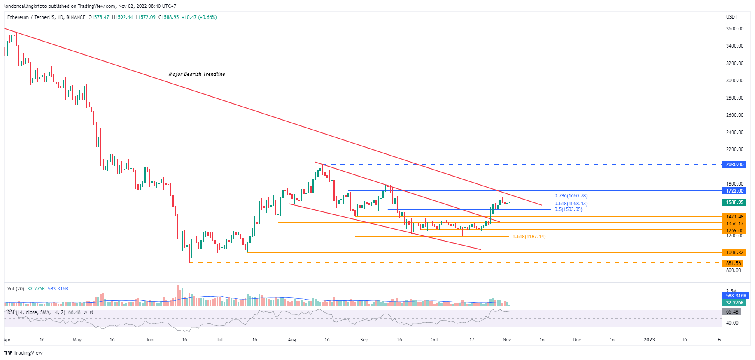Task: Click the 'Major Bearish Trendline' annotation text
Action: click(x=197, y=74)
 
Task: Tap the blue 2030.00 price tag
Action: click(x=734, y=165)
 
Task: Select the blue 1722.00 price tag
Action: click(x=734, y=191)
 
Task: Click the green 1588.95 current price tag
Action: click(x=734, y=202)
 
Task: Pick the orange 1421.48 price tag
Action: click(x=734, y=217)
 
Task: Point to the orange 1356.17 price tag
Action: click(x=734, y=224)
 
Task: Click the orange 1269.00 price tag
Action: click(x=734, y=231)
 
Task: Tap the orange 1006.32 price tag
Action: click(x=734, y=253)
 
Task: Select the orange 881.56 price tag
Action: click(x=733, y=263)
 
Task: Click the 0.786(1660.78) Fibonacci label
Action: click(x=571, y=196)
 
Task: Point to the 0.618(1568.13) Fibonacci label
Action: click(x=571, y=204)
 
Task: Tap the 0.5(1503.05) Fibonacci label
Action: click(x=568, y=209)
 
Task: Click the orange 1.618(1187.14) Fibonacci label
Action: click(x=529, y=237)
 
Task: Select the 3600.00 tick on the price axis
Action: click(x=734, y=29)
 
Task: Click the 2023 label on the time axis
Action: click(x=649, y=340)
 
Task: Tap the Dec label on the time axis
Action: click(x=577, y=340)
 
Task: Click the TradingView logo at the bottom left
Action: click(x=23, y=353)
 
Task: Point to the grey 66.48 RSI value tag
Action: click(x=732, y=312)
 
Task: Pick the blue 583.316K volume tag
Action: click(x=736, y=296)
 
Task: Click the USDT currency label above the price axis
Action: click(x=732, y=17)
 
